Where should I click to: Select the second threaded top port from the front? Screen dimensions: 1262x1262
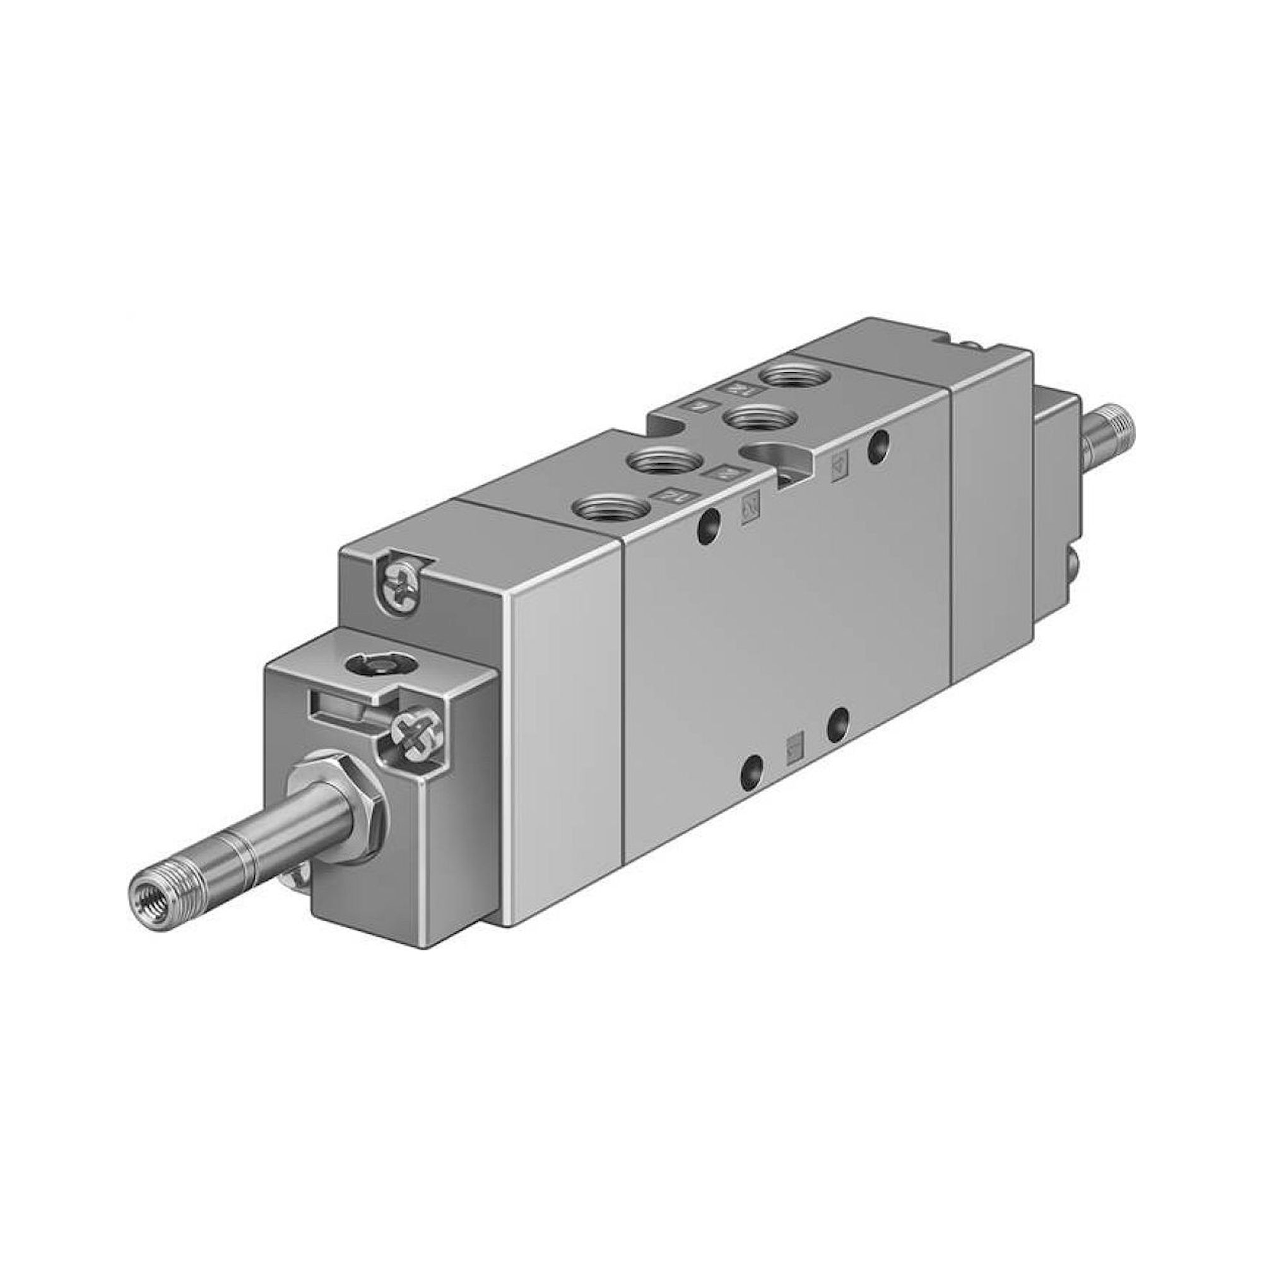(659, 461)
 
